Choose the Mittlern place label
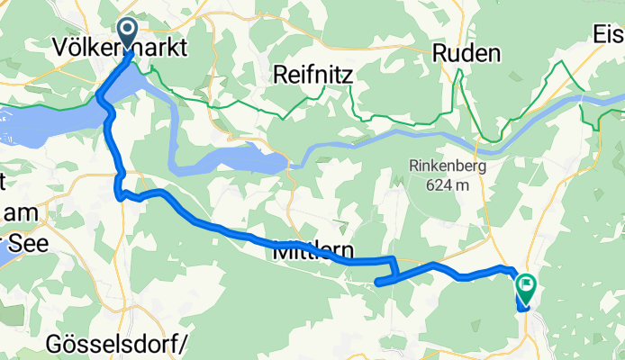coord(312,253)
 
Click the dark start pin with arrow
coord(126,31)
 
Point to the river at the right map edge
coord(612,92)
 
